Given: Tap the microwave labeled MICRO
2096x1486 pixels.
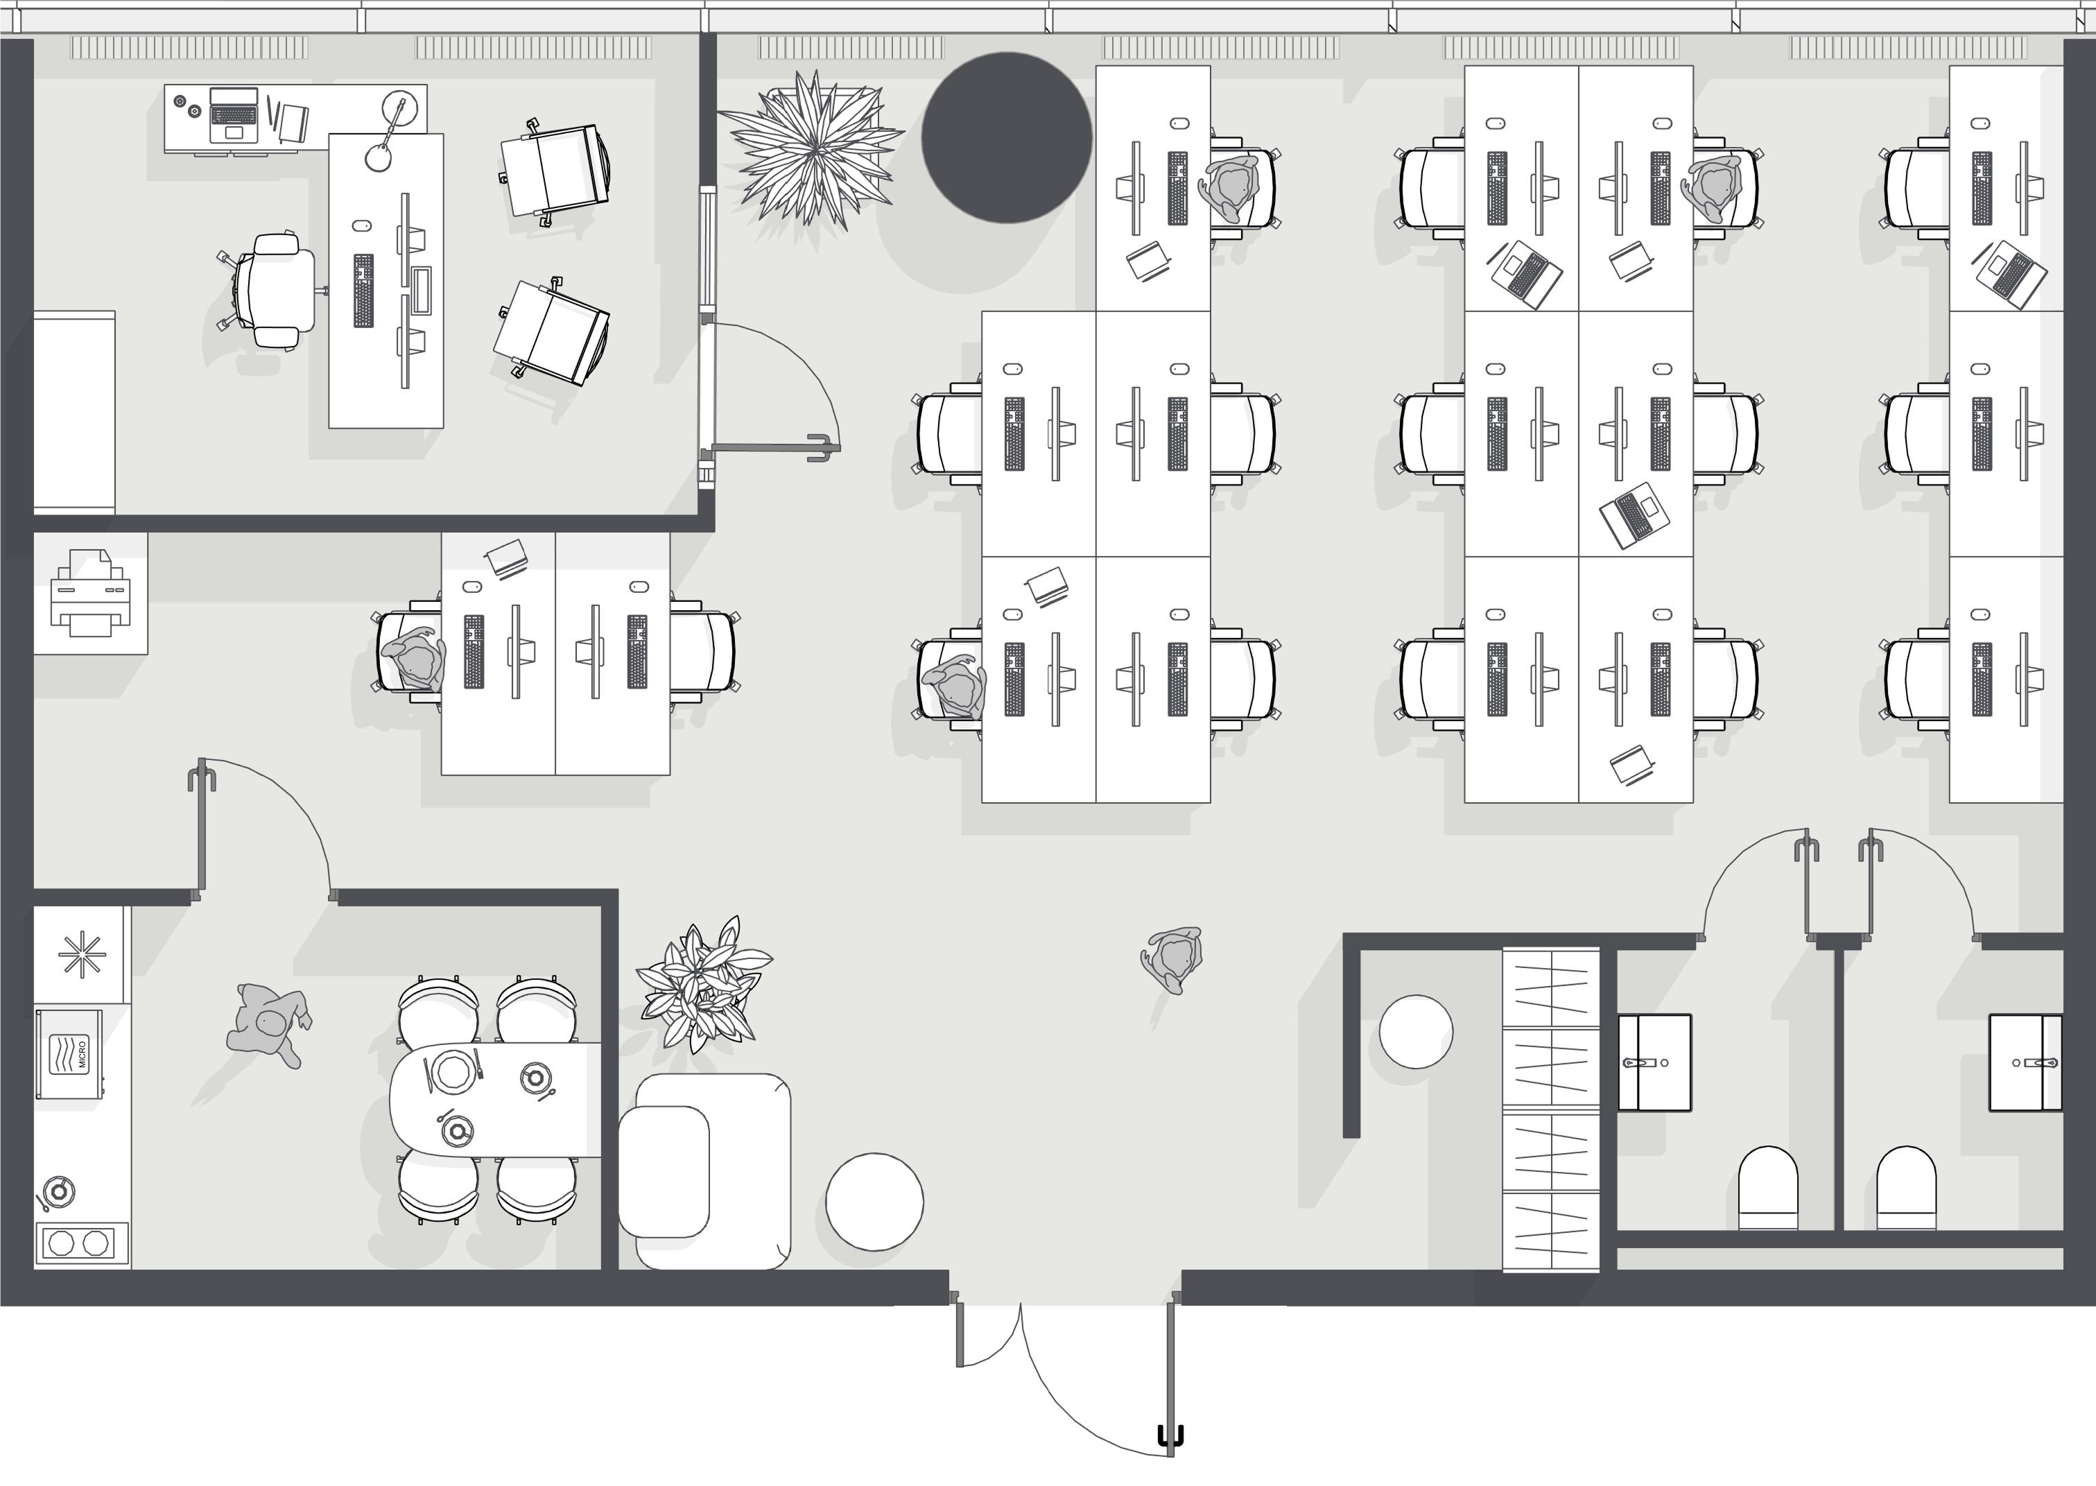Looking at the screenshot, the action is (x=69, y=1053).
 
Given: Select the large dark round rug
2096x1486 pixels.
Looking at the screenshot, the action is (x=1006, y=137).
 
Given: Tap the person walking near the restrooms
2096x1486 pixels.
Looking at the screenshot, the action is (x=1172, y=959).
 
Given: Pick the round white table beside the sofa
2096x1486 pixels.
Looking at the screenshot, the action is (x=874, y=1202).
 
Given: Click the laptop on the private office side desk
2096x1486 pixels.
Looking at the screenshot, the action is (x=233, y=114).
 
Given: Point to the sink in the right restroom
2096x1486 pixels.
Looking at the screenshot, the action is (x=2025, y=1062).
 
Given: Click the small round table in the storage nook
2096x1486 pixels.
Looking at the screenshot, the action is (x=1415, y=1031).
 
